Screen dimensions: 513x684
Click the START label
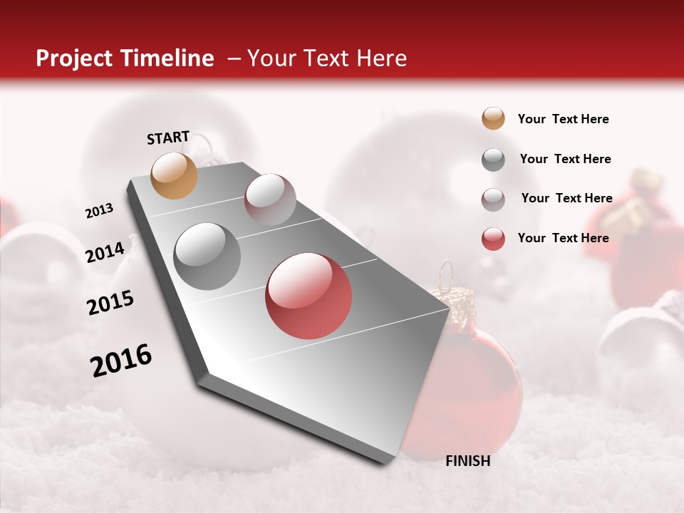168,138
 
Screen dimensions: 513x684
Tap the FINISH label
467,461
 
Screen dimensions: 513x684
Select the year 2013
99,211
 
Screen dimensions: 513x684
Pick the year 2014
105,253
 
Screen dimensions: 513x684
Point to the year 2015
110,303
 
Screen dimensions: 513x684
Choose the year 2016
121,361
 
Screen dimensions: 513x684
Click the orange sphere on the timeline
175,175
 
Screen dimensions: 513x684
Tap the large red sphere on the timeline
309,296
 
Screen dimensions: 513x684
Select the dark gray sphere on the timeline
207,256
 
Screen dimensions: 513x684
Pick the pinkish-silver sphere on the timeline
270,199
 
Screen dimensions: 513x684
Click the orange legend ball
493,119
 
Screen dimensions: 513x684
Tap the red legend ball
493,239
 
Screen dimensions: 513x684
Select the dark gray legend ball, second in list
493,160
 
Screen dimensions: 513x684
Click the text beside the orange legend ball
563,120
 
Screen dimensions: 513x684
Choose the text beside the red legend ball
563,238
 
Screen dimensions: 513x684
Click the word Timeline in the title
168,58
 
